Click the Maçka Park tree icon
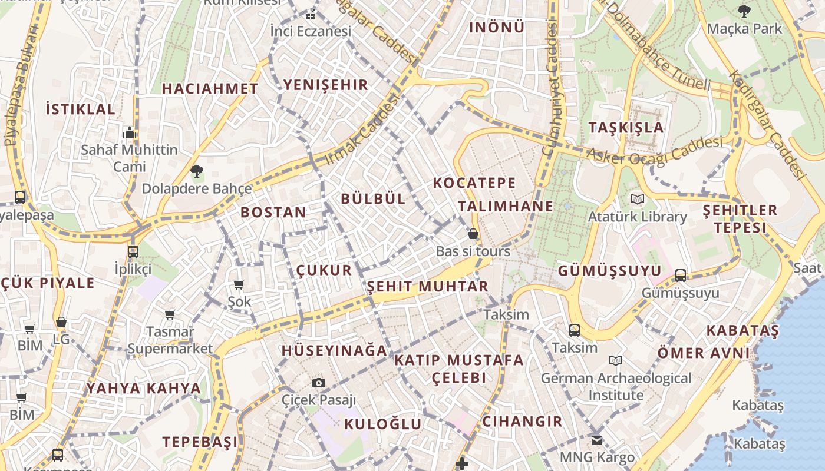click(x=744, y=11)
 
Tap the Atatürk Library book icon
click(x=637, y=199)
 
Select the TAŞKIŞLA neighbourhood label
click(x=626, y=128)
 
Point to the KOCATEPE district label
click(x=474, y=183)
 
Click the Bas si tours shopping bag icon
click(x=473, y=234)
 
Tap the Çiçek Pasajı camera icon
click(x=319, y=383)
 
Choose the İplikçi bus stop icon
click(x=133, y=251)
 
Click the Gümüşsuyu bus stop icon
click(x=680, y=275)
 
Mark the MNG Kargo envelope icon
click(x=597, y=440)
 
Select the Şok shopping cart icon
click(x=239, y=285)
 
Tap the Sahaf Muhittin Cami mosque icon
click(x=129, y=132)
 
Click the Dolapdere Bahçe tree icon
click(x=196, y=171)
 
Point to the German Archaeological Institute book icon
click(x=616, y=360)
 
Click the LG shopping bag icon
click(x=61, y=322)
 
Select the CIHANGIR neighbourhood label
click(x=522, y=422)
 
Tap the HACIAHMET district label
click(x=210, y=89)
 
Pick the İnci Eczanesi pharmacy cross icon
click(x=311, y=16)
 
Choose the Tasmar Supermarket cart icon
click(x=170, y=315)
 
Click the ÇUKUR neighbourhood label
click(x=324, y=270)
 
